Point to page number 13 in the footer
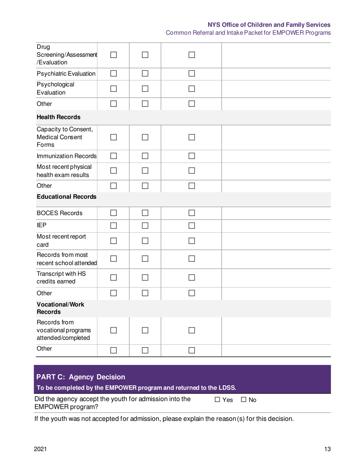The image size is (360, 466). [x=327, y=449]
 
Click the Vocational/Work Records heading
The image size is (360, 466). [x=60, y=308]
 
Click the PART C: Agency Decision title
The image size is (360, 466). [x=80, y=377]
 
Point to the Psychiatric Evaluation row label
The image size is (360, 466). [x=66, y=73]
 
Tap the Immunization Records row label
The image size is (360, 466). [x=67, y=156]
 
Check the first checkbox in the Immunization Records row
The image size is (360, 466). [x=114, y=156]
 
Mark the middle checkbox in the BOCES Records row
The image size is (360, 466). [x=146, y=213]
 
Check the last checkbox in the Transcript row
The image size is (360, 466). [x=191, y=278]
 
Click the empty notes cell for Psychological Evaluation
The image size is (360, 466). [x=276, y=89]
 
